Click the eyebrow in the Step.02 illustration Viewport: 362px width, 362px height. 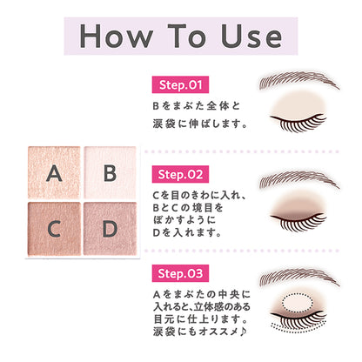(x=298, y=180)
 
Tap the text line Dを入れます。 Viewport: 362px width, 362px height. (x=184, y=232)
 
